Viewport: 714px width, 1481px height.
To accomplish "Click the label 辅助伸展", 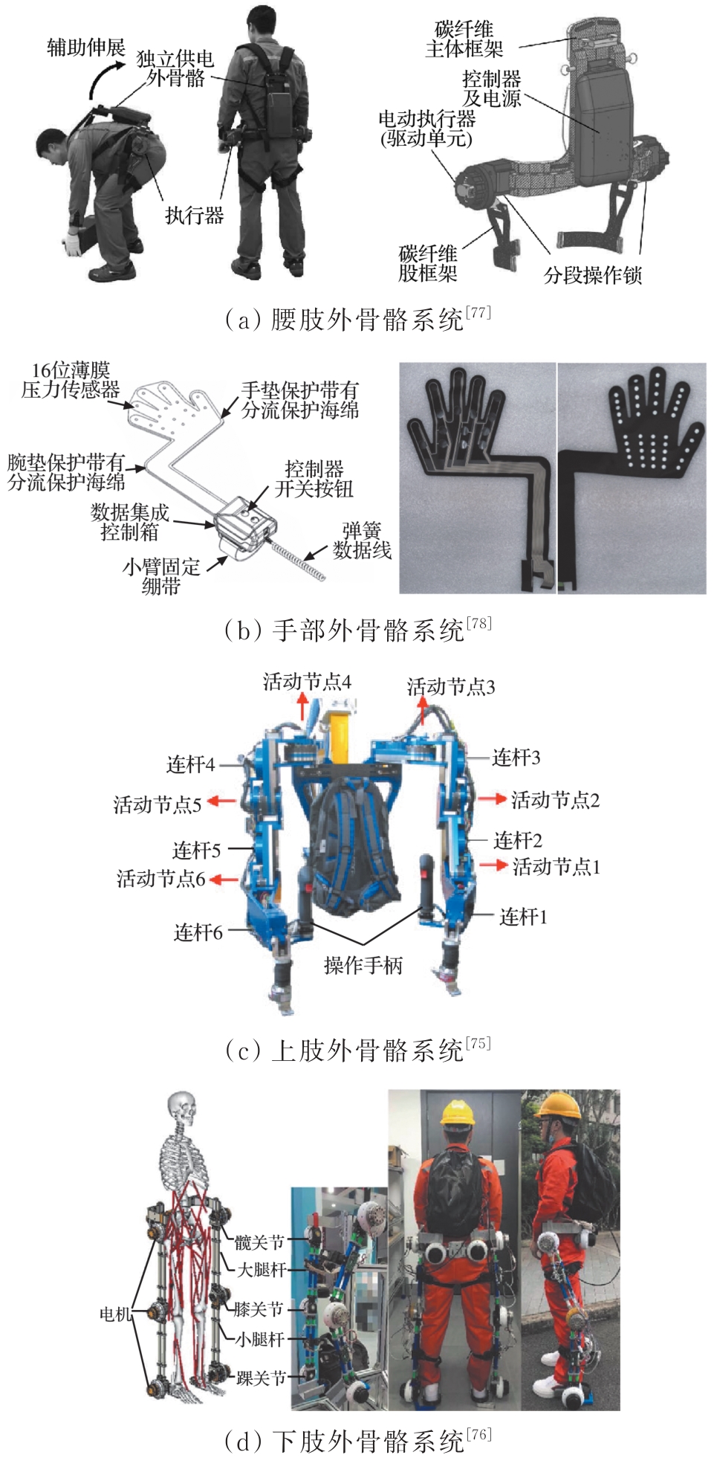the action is pos(86,48).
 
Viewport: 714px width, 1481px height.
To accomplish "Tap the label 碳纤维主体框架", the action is pos(464,39).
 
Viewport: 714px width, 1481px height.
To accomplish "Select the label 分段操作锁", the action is pos(592,275).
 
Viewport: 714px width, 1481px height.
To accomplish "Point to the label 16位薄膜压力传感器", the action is pos(71,380).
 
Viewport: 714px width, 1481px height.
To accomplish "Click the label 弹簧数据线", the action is pos(362,541).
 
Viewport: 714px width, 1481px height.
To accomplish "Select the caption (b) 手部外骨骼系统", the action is pos(357,629).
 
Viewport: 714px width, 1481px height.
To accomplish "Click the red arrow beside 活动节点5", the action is pos(221,801).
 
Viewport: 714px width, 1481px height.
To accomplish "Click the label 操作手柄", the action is pos(363,965).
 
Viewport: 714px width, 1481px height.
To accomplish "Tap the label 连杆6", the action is pos(198,932).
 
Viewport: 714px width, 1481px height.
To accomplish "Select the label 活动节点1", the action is pos(556,866).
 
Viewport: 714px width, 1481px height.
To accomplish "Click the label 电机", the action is pos(116,1314).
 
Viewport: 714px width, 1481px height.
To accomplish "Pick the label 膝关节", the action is pos(259,1309).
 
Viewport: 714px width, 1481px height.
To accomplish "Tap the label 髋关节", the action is pos(260,1242).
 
